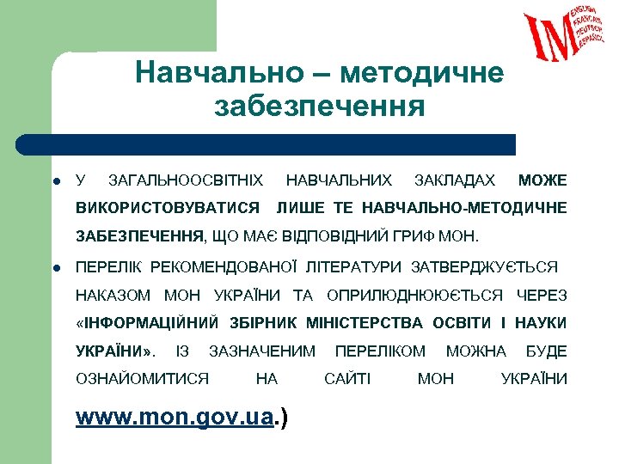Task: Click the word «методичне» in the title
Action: [x=421, y=72]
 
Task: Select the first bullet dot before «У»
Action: [x=54, y=181]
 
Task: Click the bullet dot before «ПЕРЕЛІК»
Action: [x=54, y=268]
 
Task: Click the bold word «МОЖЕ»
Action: [x=542, y=180]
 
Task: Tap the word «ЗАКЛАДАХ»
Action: [x=454, y=180]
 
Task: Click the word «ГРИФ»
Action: [x=414, y=235]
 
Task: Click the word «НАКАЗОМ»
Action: [x=113, y=296]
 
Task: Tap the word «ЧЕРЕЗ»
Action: [x=542, y=296]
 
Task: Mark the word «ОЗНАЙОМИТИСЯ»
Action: [x=143, y=378]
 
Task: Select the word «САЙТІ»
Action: [x=347, y=378]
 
